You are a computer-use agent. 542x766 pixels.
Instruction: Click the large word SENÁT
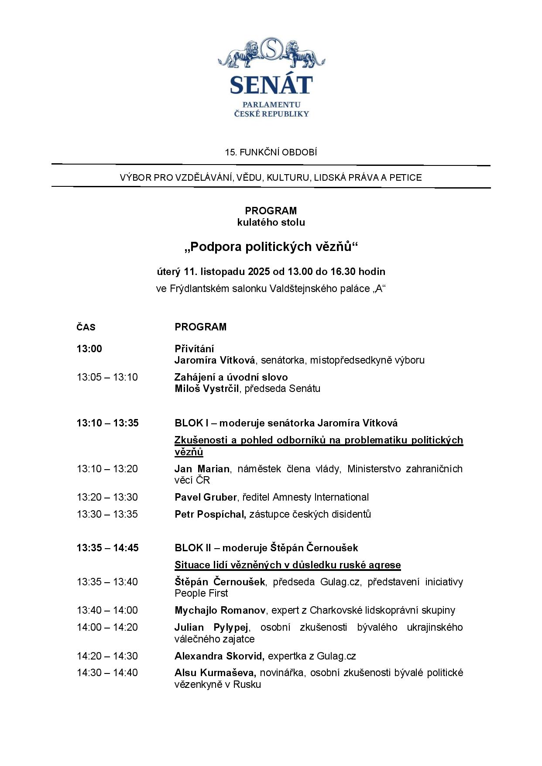[271, 85]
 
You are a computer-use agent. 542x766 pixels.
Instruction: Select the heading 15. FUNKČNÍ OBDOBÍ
[271, 152]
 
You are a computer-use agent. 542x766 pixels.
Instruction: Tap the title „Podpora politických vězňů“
[271, 247]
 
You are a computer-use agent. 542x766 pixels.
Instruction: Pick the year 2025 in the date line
[259, 271]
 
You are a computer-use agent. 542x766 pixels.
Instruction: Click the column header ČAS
[86, 327]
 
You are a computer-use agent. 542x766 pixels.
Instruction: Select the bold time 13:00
[89, 349]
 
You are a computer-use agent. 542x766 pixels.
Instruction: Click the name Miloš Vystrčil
[207, 388]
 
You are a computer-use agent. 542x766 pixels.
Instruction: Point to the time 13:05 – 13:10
[107, 377]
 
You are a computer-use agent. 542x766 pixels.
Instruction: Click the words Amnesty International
[321, 497]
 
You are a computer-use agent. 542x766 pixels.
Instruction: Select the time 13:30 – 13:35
[107, 514]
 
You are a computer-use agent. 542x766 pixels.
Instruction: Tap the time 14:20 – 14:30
[107, 656]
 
